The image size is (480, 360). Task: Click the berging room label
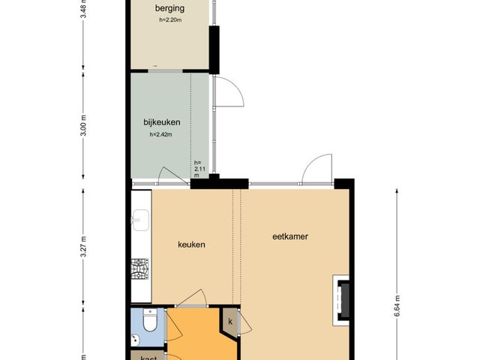(x=169, y=8)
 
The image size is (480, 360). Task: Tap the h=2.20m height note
(x=170, y=20)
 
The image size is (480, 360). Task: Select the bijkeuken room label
(x=162, y=122)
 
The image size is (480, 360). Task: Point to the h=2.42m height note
(x=160, y=134)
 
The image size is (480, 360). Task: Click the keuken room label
(x=192, y=244)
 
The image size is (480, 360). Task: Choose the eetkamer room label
(x=290, y=237)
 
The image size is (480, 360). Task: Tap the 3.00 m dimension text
(x=83, y=125)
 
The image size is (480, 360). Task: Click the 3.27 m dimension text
(x=83, y=247)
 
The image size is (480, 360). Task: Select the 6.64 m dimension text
(x=397, y=306)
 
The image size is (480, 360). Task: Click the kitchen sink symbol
(x=140, y=220)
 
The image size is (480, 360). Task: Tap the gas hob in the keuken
(x=140, y=269)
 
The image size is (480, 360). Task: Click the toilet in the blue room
(x=150, y=320)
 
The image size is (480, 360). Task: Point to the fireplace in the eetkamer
(x=341, y=300)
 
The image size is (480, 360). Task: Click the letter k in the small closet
(x=230, y=322)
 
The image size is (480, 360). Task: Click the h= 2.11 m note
(x=198, y=169)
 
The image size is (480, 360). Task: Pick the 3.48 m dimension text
(x=83, y=9)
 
